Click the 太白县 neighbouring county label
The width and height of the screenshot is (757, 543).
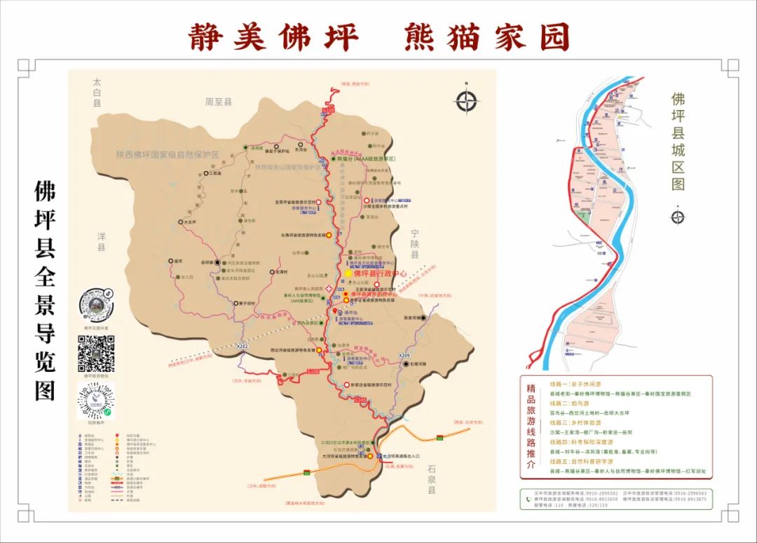[97, 93]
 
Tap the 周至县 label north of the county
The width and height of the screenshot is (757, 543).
[218, 102]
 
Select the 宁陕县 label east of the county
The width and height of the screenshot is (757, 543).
[414, 243]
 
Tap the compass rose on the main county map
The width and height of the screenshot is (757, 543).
[466, 102]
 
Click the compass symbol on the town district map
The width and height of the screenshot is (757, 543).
[677, 216]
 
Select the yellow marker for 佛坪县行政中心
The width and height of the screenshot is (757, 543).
[348, 273]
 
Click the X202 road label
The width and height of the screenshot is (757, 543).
[243, 347]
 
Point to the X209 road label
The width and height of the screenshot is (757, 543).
[404, 356]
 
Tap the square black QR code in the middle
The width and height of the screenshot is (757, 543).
[96, 354]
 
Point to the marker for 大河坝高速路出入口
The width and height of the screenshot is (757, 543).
[376, 456]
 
